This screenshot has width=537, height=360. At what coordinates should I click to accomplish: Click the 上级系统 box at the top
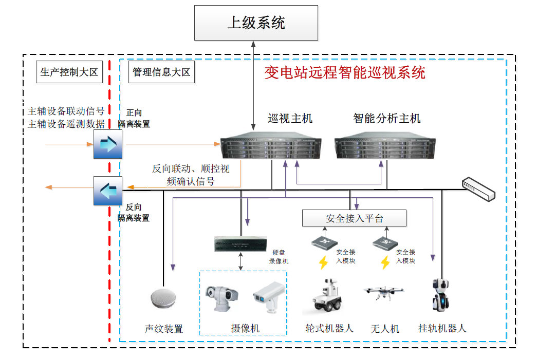coord(256,23)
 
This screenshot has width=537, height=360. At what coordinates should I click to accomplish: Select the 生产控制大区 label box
coord(69,72)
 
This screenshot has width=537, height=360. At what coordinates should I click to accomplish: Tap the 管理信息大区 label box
coord(161,72)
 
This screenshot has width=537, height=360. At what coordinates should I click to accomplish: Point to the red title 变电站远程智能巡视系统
coord(345,72)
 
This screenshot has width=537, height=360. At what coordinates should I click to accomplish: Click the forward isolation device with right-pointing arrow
coord(108,144)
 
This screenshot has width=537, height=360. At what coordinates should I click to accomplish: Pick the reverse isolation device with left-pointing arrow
coord(108,191)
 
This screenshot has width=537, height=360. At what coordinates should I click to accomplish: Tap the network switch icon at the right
coord(478,188)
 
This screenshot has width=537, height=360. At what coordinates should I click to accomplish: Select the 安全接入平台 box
coord(354,218)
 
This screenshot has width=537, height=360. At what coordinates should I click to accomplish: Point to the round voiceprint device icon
coord(164,298)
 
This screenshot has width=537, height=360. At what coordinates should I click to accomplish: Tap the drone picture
coord(384,293)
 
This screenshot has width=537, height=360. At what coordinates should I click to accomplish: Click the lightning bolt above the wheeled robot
coord(323,262)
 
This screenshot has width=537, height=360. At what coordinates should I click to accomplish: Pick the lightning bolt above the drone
coord(385,262)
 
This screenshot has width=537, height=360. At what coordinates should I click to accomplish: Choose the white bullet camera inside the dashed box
coord(267,296)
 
